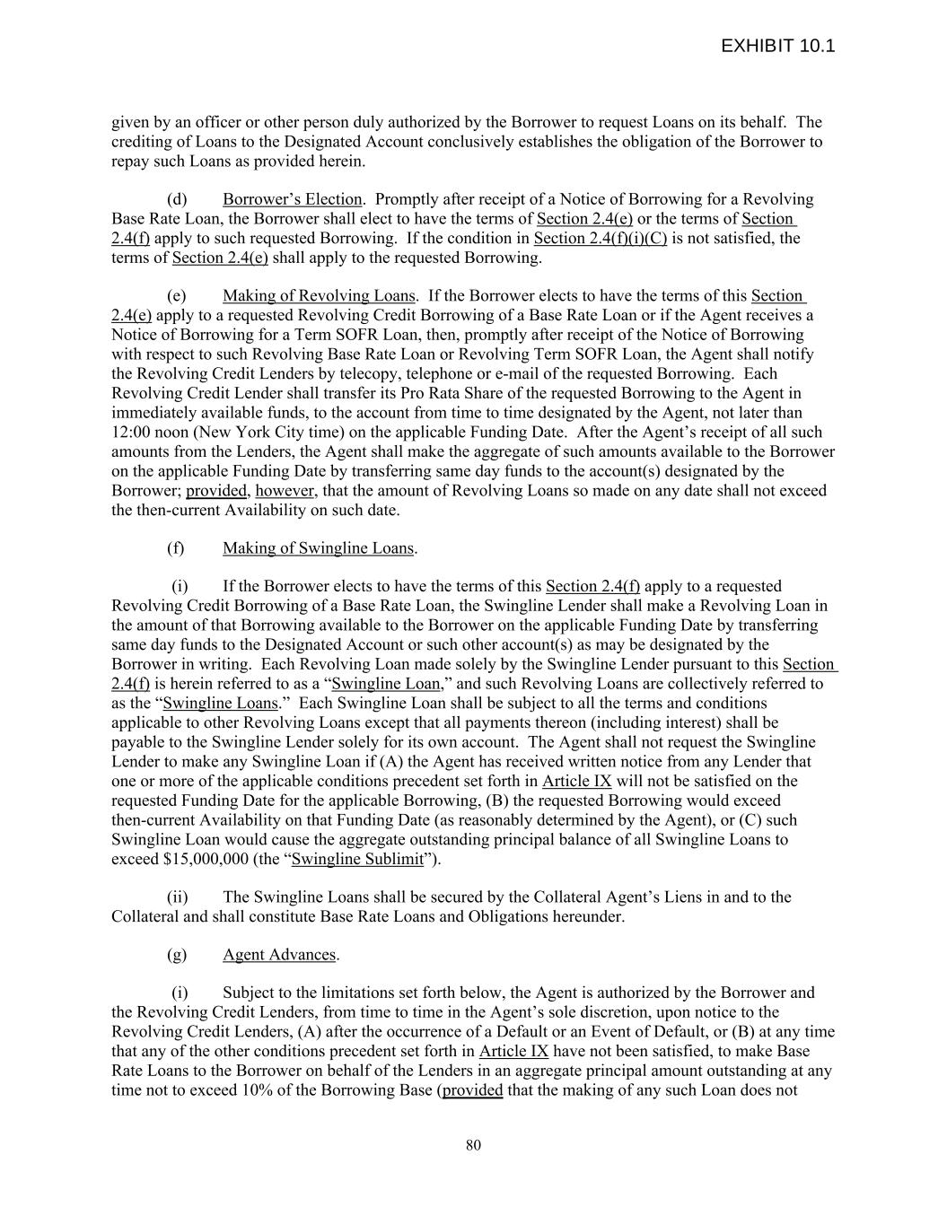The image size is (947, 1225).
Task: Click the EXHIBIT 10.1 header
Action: [777, 46]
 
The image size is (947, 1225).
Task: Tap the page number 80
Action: [474, 1144]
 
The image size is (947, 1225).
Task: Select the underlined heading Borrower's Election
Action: [292, 199]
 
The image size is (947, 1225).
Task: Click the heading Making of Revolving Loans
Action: [319, 296]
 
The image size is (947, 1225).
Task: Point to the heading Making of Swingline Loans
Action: [318, 548]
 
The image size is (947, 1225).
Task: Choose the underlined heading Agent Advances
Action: [278, 955]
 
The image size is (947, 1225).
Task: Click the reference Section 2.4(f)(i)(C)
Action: [600, 239]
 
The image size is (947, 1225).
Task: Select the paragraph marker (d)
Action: [177, 199]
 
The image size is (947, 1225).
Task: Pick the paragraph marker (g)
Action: [177, 955]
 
